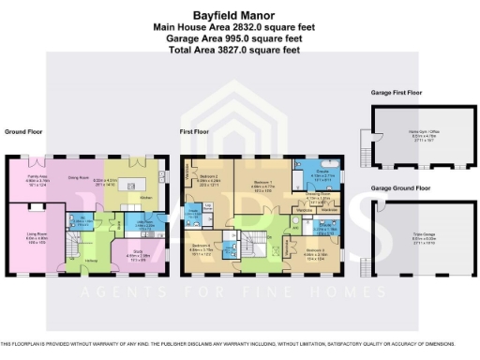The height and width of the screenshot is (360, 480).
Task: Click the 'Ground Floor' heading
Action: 22,132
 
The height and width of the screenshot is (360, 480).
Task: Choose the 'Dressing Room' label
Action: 320,197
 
